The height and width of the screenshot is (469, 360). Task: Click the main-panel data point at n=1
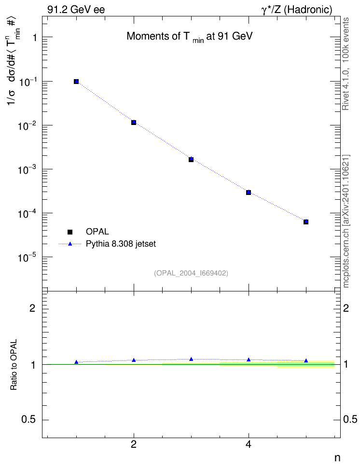[76, 82]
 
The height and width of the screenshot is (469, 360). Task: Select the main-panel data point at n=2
[134, 123]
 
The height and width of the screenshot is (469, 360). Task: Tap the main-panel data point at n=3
[191, 159]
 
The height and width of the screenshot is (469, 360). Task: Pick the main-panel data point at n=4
[249, 193]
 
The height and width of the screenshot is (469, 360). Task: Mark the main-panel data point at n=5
[306, 221]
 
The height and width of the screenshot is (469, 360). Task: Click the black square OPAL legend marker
[70, 232]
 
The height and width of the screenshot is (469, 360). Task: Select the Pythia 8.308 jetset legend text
[121, 244]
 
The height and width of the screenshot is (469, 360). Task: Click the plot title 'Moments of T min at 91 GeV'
[190, 37]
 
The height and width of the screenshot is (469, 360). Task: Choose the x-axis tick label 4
[249, 444]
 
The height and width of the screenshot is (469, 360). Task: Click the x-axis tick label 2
[134, 444]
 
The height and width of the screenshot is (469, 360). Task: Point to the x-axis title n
[337, 458]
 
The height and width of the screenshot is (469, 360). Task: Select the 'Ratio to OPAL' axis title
[14, 365]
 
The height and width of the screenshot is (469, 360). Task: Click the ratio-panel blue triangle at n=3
[191, 359]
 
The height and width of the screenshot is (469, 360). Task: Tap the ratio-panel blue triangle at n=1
[76, 362]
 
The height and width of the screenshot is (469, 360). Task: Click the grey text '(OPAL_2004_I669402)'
[191, 273]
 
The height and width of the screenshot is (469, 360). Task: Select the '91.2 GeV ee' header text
[76, 10]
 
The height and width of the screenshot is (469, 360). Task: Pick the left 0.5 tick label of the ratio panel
[28, 420]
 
